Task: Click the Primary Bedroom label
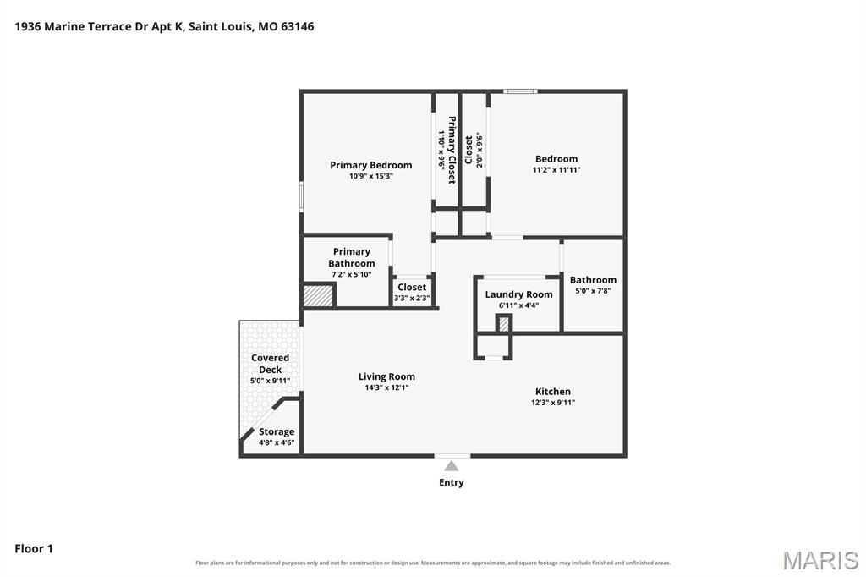click(370, 165)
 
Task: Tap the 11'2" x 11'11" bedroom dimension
click(556, 170)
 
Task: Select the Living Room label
click(386, 377)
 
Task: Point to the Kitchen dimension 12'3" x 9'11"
click(553, 403)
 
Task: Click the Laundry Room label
click(518, 294)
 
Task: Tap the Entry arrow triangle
click(452, 466)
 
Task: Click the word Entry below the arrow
click(452, 482)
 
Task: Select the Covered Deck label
click(270, 364)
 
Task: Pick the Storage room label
click(277, 432)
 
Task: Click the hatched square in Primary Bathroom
click(318, 295)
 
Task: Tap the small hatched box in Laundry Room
click(504, 324)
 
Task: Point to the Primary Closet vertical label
click(452, 150)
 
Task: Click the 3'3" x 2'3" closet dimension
click(412, 299)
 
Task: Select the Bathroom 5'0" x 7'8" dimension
click(593, 291)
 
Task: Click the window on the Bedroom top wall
click(520, 91)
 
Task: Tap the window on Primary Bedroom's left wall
click(302, 196)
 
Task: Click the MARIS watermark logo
click(820, 560)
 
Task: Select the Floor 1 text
click(34, 549)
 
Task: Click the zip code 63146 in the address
click(297, 26)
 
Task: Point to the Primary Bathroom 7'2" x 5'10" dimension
click(351, 275)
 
